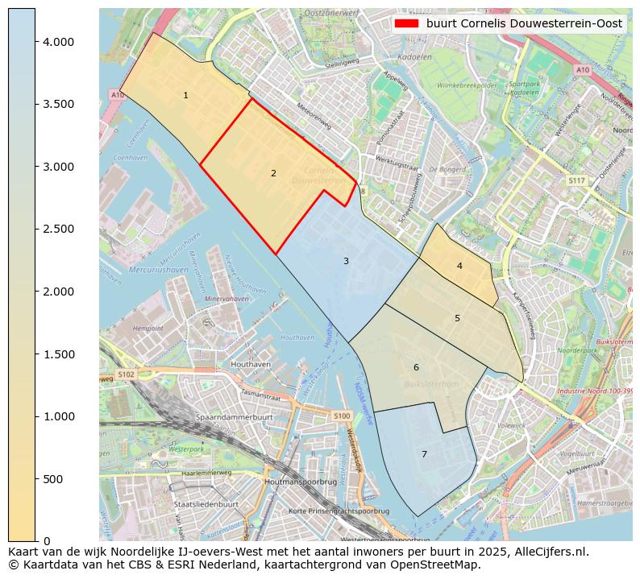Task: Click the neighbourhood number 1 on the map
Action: [185, 95]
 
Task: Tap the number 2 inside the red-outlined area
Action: [273, 173]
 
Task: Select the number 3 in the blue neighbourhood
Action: [346, 261]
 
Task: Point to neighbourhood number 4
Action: [459, 266]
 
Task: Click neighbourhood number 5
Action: [457, 318]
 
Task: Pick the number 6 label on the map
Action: [416, 367]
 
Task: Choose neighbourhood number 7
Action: [424, 454]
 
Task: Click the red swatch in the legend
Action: [407, 24]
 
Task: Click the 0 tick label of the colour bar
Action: [47, 541]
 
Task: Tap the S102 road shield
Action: [126, 374]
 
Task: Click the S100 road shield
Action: [342, 416]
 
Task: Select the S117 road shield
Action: [576, 180]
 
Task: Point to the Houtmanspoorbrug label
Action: [301, 482]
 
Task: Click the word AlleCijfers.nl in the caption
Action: [547, 552]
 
